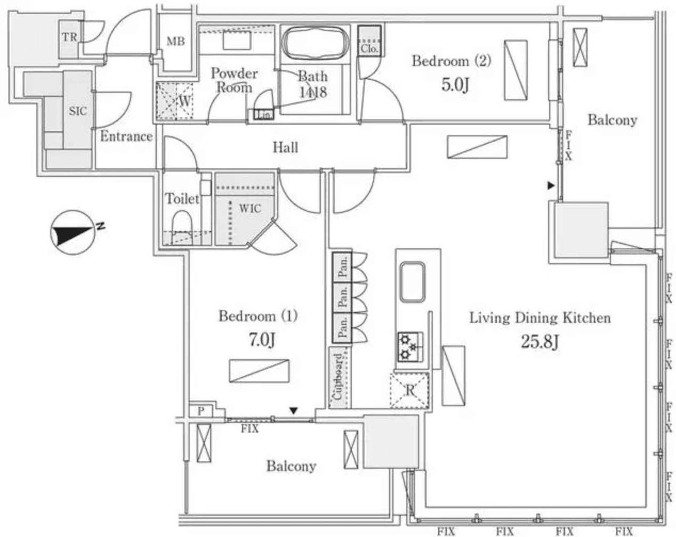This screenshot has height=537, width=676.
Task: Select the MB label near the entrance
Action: (175, 41)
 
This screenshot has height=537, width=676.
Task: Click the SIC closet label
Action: (78, 111)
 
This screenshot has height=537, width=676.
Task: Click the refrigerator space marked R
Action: (410, 390)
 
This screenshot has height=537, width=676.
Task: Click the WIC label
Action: (250, 208)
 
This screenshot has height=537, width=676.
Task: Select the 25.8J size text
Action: (540, 341)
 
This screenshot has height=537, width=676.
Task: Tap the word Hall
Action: (285, 147)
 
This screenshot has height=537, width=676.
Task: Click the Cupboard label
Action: (337, 377)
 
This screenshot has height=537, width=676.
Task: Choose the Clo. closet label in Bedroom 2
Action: (369, 48)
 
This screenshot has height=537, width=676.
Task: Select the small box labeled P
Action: (201, 411)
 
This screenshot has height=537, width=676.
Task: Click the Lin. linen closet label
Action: (264, 115)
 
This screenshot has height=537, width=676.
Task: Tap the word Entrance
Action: (126, 136)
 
